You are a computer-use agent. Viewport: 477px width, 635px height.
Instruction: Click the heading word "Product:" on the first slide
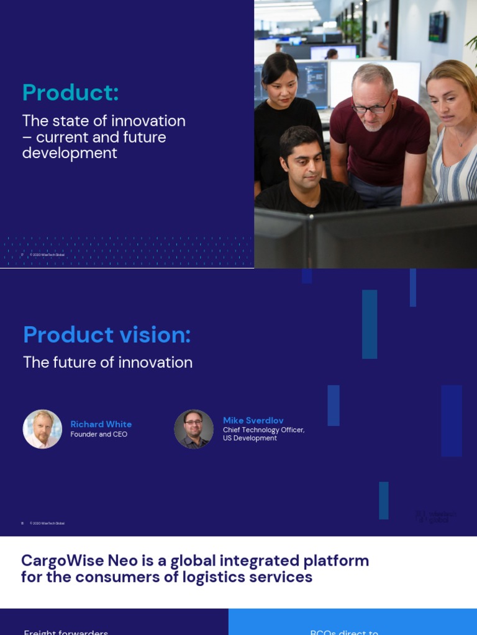(x=70, y=93)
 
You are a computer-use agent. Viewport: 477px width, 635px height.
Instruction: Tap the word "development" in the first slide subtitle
(x=70, y=153)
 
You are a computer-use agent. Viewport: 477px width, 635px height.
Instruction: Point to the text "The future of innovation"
(x=107, y=363)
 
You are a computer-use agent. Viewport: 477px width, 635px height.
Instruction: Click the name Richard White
(x=101, y=424)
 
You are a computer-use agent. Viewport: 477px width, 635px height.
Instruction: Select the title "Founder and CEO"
(x=98, y=435)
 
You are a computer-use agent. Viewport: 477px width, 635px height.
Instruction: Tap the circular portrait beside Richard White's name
(x=42, y=429)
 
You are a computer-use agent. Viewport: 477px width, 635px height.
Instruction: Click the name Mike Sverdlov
(x=253, y=420)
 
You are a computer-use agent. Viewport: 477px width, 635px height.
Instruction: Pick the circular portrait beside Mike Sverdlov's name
(x=194, y=429)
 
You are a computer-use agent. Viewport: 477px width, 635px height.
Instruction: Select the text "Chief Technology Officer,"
(x=263, y=430)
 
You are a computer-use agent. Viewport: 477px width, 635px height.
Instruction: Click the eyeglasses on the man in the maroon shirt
(x=372, y=107)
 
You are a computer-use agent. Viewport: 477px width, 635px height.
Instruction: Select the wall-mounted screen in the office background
(x=437, y=27)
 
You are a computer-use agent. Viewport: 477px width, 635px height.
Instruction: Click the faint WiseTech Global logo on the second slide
(x=435, y=517)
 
